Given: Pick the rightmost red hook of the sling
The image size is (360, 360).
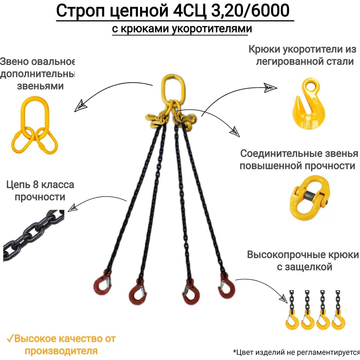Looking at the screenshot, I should coord(225,286).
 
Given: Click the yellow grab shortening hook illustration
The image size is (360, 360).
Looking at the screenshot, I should coord(308,104).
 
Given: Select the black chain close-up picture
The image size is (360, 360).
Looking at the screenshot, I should coord(32,232).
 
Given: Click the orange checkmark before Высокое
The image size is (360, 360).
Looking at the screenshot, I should coord(10,339).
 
